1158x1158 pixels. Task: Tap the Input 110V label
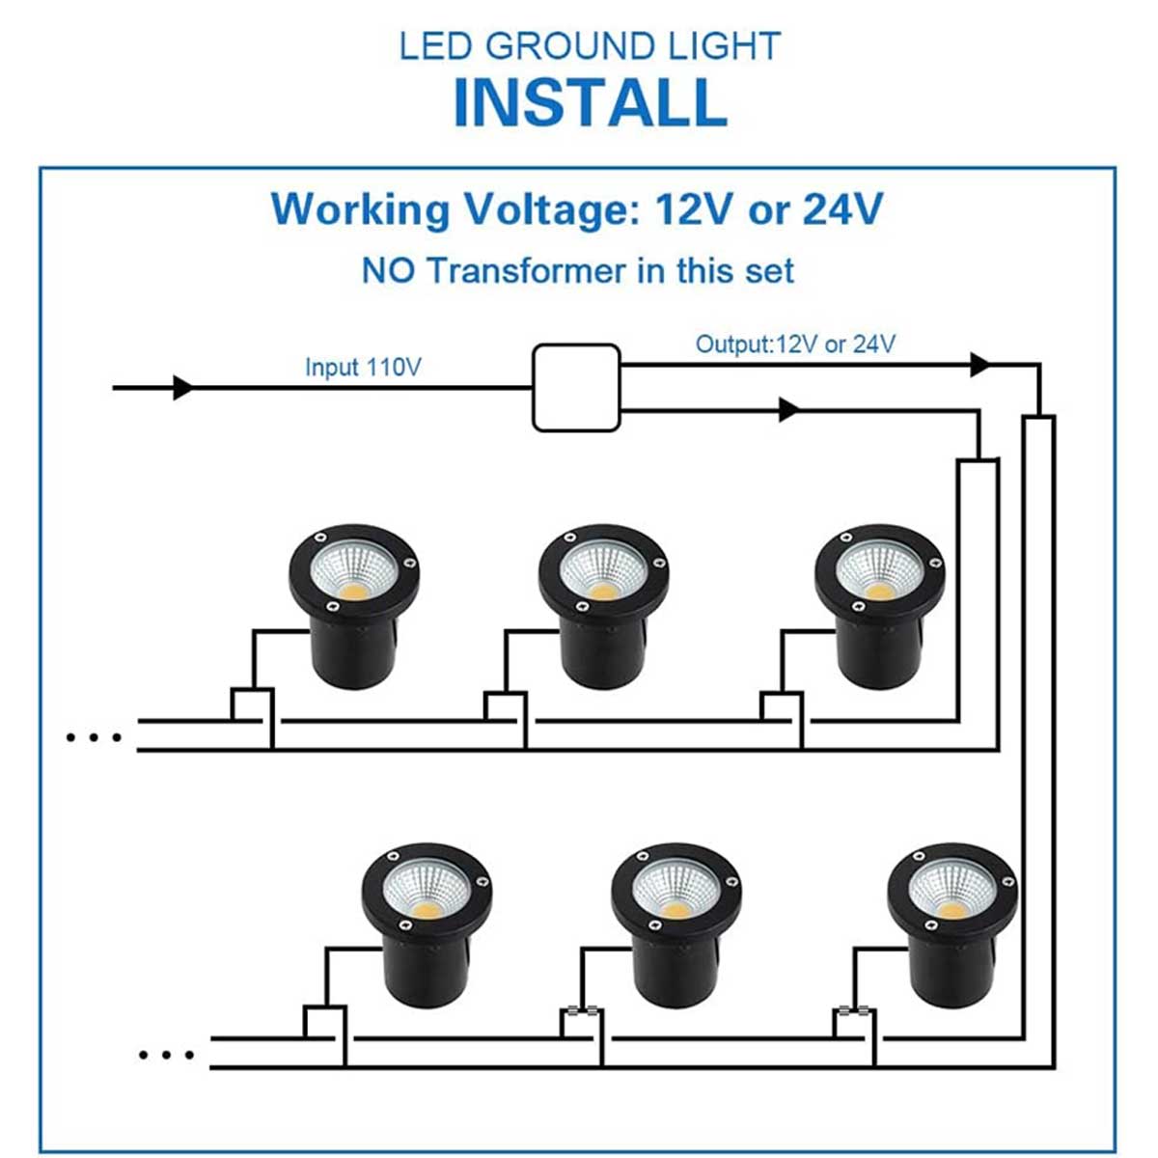(x=363, y=367)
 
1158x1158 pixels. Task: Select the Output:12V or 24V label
(x=795, y=345)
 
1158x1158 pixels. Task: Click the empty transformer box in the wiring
(x=576, y=388)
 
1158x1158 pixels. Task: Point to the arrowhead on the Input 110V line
(x=182, y=388)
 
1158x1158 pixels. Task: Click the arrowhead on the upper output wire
(x=979, y=365)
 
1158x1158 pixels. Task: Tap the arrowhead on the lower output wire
(x=788, y=410)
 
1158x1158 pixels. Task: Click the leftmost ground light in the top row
(x=353, y=602)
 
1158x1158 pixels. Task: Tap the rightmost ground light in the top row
(x=878, y=602)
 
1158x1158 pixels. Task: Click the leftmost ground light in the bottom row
(x=426, y=923)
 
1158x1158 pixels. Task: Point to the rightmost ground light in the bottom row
(x=951, y=923)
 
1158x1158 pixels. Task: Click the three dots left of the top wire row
(x=95, y=738)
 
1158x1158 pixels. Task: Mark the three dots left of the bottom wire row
(x=167, y=1055)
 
